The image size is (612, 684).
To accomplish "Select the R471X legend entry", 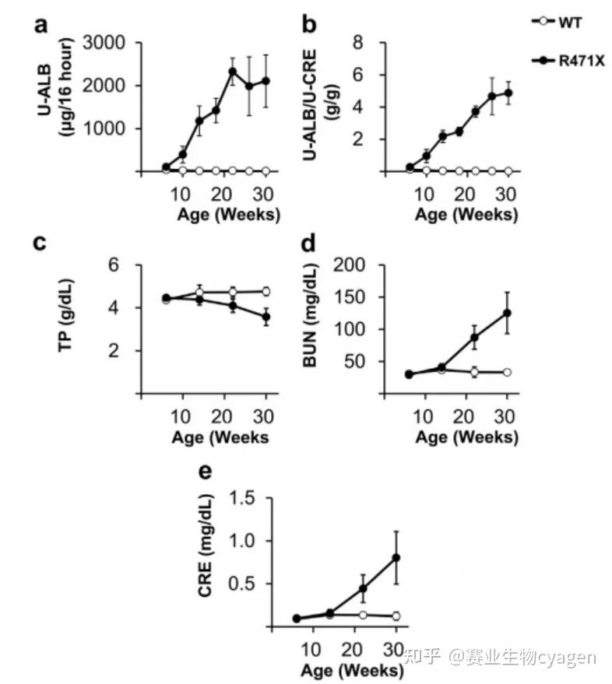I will click(x=573, y=60).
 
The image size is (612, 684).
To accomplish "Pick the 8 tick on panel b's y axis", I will click(x=360, y=42).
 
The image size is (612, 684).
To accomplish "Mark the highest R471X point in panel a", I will click(x=232, y=72).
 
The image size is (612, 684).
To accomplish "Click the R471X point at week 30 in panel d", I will click(x=507, y=313).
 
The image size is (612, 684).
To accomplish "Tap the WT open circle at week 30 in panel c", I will click(x=266, y=291).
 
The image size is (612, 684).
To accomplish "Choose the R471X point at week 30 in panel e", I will click(x=396, y=557).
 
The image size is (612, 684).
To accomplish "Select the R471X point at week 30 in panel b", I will click(x=507, y=93).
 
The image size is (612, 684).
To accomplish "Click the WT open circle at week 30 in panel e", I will click(x=396, y=616).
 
